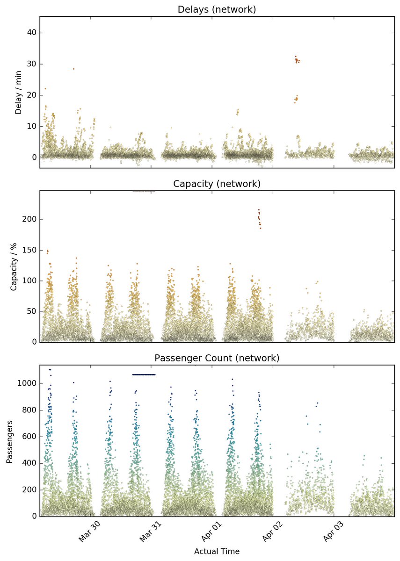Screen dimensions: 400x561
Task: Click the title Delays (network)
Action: (217, 9)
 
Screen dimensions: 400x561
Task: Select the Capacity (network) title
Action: (217, 184)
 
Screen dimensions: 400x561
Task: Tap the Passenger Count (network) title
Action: (217, 358)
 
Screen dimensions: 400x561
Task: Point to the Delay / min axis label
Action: (19, 93)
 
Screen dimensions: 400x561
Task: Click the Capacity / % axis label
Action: (14, 267)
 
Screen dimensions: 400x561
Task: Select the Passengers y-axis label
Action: (9, 442)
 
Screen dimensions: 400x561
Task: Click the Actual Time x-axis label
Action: (217, 551)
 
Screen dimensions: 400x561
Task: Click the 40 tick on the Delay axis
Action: (31, 33)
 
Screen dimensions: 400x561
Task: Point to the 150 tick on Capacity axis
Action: (29, 250)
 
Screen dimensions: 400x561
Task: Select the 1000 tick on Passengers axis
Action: (27, 383)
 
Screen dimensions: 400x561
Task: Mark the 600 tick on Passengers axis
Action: (29, 437)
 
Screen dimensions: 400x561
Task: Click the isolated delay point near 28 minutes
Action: (74, 69)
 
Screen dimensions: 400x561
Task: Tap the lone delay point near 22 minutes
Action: (45, 89)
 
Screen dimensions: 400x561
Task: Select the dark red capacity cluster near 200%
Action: (259, 219)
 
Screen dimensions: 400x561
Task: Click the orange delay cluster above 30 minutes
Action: (297, 60)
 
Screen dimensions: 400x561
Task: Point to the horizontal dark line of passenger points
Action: (144, 374)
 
